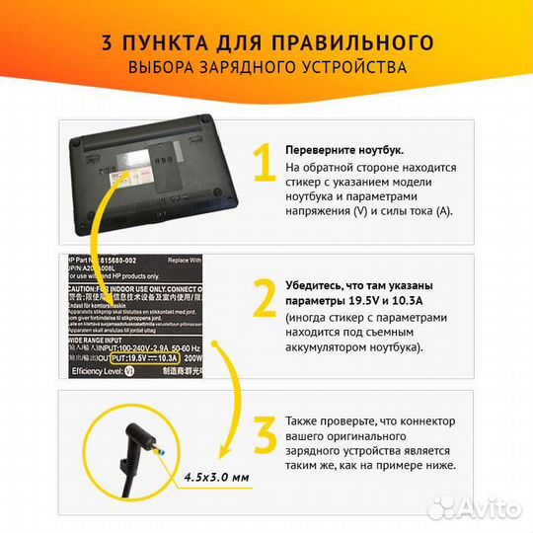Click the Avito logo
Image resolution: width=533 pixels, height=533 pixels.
pyautogui.click(x=484, y=508)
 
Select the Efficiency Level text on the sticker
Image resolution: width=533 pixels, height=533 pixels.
pyautogui.click(x=99, y=371)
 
